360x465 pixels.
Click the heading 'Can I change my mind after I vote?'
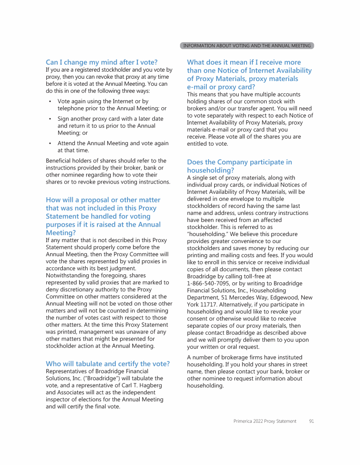click(101, 62)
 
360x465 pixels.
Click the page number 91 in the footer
click(311, 421)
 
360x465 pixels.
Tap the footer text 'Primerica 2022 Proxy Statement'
click(265, 421)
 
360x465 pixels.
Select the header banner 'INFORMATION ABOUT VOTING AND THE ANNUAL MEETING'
click(247, 46)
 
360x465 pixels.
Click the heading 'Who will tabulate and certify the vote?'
click(107, 364)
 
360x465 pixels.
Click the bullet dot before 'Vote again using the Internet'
click(50, 102)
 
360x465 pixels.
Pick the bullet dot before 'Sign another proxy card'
click(50, 119)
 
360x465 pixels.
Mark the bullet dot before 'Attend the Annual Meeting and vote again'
click(50, 143)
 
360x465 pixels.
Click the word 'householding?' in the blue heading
click(210, 170)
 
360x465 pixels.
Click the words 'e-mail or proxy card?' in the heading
click(221, 87)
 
